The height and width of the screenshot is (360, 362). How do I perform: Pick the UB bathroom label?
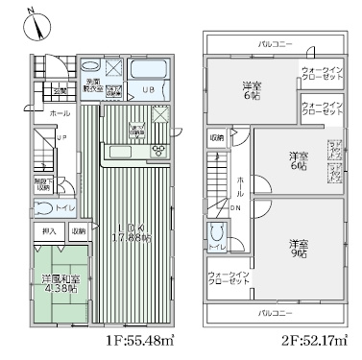(148, 90)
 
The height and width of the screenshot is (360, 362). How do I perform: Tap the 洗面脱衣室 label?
(94, 84)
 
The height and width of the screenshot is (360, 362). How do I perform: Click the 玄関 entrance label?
(60, 91)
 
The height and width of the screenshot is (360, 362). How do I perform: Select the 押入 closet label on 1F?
(49, 231)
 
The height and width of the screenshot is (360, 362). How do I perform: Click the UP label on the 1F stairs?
(60, 137)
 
